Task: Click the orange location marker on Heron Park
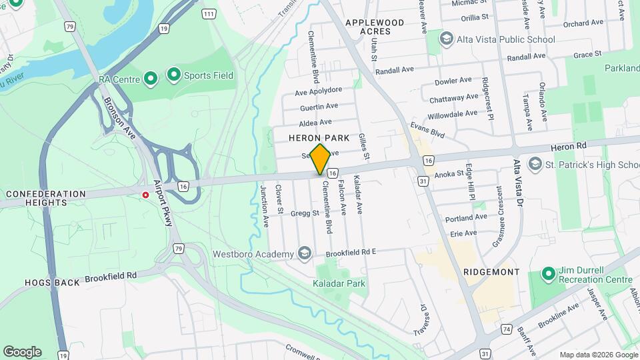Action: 321,159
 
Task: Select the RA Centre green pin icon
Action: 150,79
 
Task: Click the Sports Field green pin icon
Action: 174,75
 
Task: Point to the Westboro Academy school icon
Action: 305,253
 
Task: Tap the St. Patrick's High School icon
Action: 534,164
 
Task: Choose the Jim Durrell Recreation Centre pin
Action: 548,274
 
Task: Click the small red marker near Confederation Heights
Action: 145,195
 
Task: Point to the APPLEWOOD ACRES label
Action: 375,27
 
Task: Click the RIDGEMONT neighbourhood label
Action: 491,273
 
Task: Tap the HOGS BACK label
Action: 52,283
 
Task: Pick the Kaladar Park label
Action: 339,283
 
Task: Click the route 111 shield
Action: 209,14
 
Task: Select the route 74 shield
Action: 507,329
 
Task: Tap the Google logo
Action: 22,351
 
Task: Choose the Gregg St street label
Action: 302,213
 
